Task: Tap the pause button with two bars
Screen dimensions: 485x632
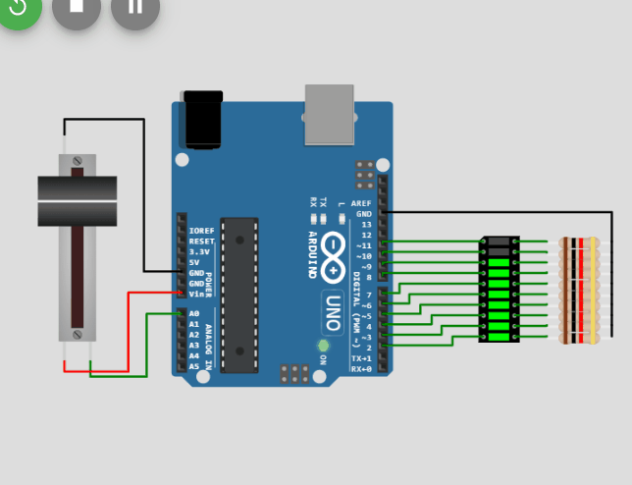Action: (x=135, y=8)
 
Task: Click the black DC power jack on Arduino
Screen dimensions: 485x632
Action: (x=203, y=118)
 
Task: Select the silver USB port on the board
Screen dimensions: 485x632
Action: (x=330, y=113)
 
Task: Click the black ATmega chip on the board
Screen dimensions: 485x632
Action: (x=238, y=295)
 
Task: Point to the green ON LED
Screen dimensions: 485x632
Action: (x=322, y=346)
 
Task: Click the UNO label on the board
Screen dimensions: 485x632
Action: (x=332, y=312)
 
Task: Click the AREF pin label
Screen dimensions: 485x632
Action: (x=361, y=203)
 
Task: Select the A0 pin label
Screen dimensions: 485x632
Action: (x=193, y=313)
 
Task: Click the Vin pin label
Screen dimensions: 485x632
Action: (x=196, y=294)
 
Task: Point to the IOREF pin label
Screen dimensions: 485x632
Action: (x=201, y=231)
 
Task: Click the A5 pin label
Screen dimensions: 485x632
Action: (x=193, y=366)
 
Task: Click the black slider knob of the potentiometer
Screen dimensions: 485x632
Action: (x=78, y=200)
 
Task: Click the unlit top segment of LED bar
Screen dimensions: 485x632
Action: (x=500, y=242)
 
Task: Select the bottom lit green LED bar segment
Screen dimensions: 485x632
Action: (x=500, y=337)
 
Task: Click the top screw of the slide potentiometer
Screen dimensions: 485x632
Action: (x=78, y=160)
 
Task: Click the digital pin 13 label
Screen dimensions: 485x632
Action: (x=366, y=225)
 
